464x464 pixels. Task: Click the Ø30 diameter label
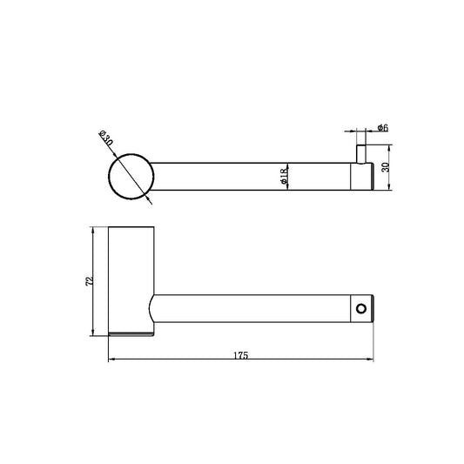pos(105,138)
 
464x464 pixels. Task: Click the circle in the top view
pos(131,176)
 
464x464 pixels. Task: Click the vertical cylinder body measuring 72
pos(131,279)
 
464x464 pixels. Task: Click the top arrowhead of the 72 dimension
pos(93,232)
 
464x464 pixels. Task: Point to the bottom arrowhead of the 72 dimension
pos(93,334)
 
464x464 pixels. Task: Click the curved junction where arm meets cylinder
pos(153,309)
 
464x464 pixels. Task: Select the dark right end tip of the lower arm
pos(373,308)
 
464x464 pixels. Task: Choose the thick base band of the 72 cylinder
pos(131,335)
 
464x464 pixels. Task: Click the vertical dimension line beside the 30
pos(386,176)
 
